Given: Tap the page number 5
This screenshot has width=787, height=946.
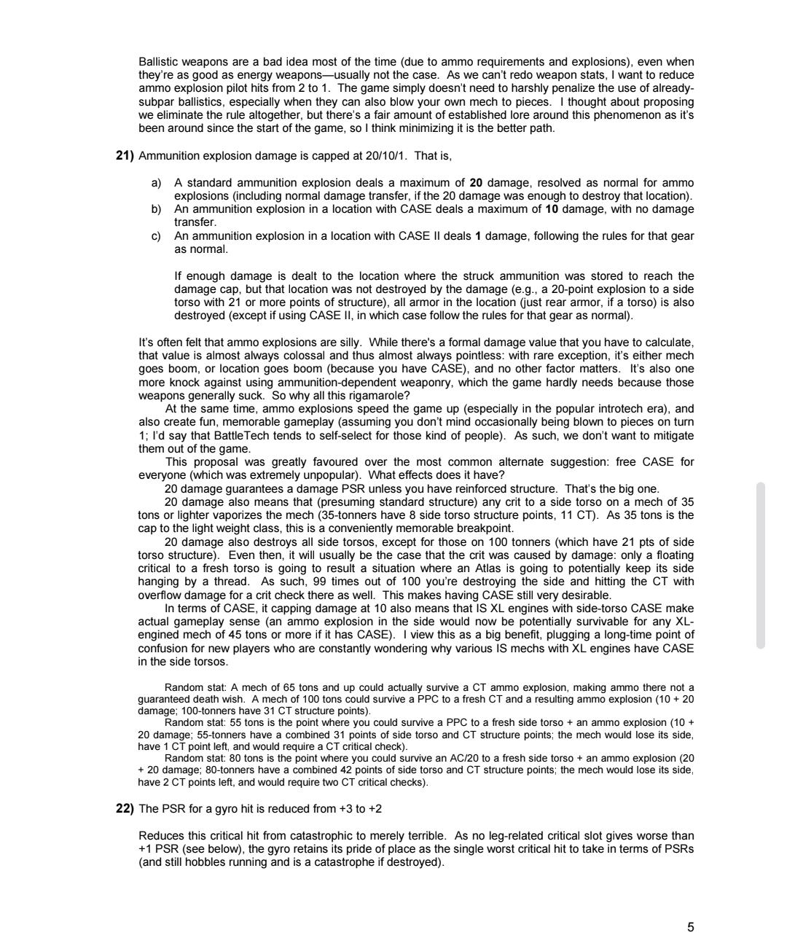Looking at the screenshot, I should tap(690, 928).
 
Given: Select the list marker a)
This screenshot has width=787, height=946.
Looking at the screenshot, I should tap(156, 183).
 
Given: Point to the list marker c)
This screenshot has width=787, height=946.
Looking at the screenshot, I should tap(156, 236).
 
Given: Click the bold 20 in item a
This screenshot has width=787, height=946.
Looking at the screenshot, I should tap(477, 183).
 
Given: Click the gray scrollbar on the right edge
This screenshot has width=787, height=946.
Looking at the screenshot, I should tap(761, 565).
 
